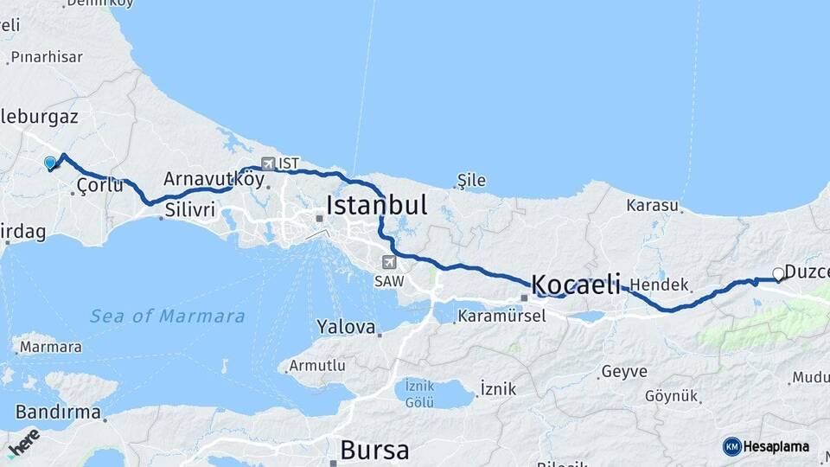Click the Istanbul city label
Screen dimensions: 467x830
click(x=376, y=206)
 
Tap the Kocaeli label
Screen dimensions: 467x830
click(x=576, y=284)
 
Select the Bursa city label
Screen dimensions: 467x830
click(x=374, y=450)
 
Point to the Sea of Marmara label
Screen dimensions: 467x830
click(x=167, y=317)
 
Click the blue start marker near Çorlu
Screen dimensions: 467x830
click(x=50, y=162)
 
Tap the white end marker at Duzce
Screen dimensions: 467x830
click(x=778, y=274)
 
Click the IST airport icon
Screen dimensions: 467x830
click(x=268, y=163)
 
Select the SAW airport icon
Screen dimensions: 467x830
click(x=389, y=262)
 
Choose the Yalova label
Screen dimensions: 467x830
click(x=346, y=328)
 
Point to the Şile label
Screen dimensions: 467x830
click(x=471, y=181)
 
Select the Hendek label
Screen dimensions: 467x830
click(x=659, y=285)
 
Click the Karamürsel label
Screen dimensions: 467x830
click(x=501, y=316)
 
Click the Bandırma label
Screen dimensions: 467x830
click(x=58, y=411)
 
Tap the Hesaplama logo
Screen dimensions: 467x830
click(x=767, y=446)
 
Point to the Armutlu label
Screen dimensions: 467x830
click(x=317, y=366)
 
